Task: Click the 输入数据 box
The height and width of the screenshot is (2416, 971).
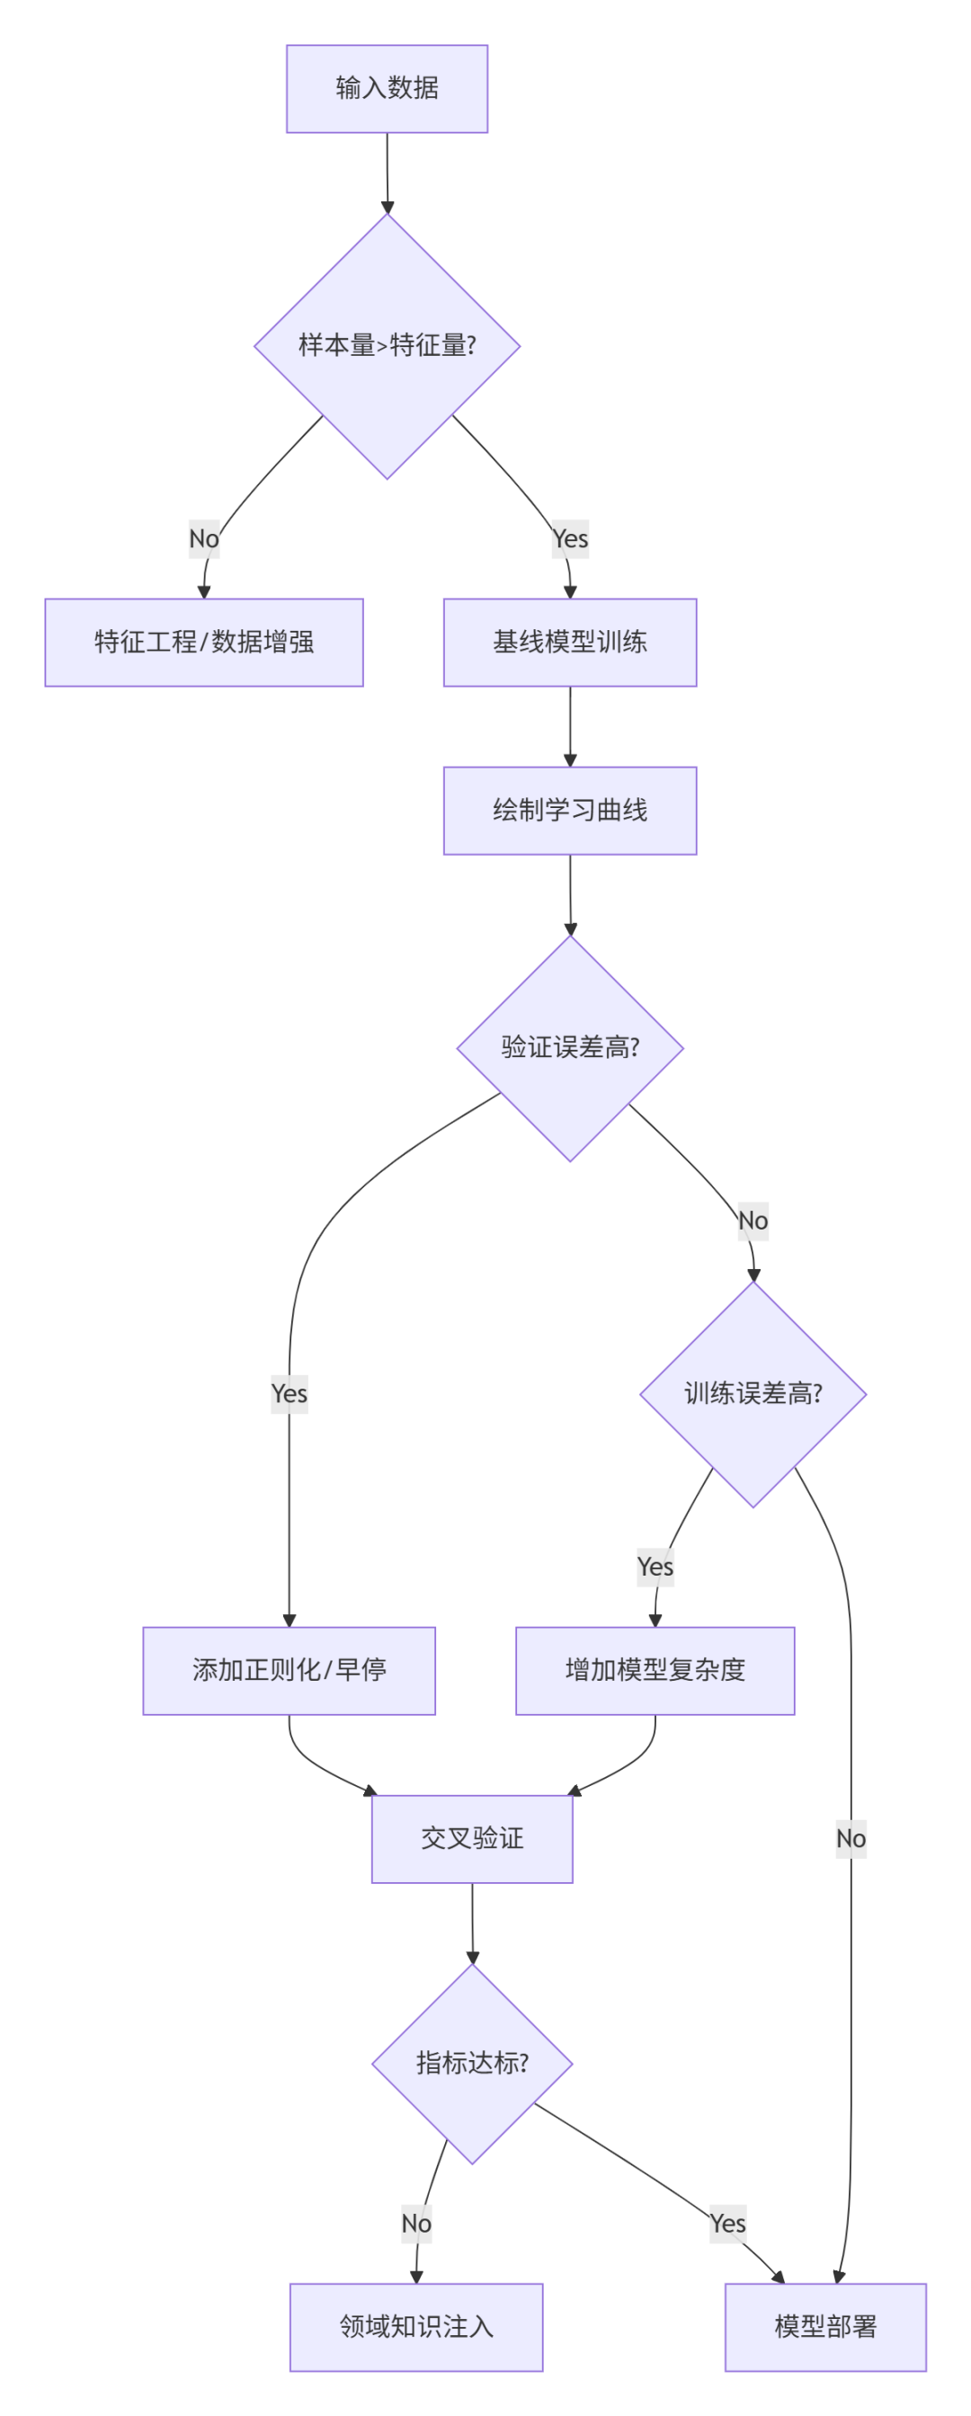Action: (387, 88)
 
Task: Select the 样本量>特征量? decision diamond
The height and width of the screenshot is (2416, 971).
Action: (387, 345)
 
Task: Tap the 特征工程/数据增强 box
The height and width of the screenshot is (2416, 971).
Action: (203, 642)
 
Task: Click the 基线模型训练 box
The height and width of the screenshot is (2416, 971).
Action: (569, 642)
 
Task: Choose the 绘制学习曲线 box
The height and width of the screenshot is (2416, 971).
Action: (569, 810)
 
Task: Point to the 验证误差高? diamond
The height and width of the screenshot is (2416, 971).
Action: (569, 1048)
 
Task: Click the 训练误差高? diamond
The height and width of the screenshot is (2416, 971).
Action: (753, 1394)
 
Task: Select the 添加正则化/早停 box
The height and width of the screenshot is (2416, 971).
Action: (289, 1669)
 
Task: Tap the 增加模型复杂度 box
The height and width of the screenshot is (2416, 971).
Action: (655, 1669)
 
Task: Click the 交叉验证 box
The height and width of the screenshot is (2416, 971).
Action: (472, 1837)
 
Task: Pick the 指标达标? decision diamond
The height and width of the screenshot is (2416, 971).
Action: (472, 2063)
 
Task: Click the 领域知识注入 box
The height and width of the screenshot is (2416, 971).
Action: (415, 2326)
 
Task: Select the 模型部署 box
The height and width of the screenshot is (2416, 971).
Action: (824, 2326)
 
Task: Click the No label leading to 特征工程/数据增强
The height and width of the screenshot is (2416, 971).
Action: (203, 538)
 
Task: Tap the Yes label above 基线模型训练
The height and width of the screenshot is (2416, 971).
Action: (569, 538)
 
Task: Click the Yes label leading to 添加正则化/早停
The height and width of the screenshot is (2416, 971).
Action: (289, 1394)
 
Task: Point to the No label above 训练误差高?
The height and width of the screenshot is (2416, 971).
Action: (753, 1221)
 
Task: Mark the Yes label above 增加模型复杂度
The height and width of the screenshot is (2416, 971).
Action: (655, 1567)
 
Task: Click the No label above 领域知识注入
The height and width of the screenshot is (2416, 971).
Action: (415, 2223)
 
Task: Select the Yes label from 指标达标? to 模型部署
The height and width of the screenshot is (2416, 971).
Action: (727, 2223)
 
